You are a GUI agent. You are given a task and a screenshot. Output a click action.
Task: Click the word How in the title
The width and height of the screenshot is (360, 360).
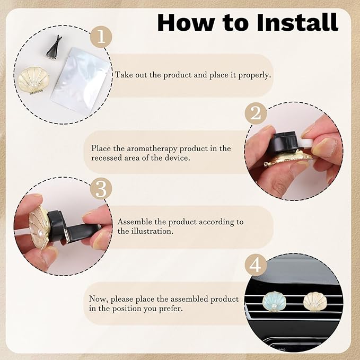click(x=183, y=22)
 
